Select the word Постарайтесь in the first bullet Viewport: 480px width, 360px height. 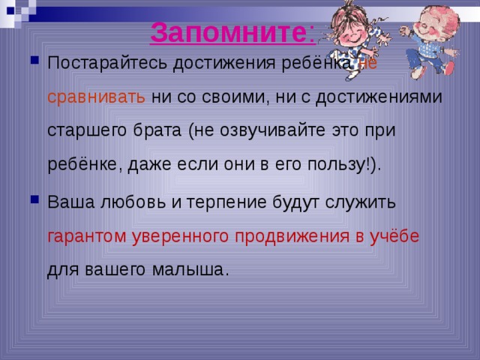point(108,64)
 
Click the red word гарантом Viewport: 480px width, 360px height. point(86,236)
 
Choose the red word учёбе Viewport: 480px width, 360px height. point(393,236)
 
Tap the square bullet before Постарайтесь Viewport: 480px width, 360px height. point(34,63)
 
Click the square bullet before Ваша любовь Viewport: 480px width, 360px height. point(34,202)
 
